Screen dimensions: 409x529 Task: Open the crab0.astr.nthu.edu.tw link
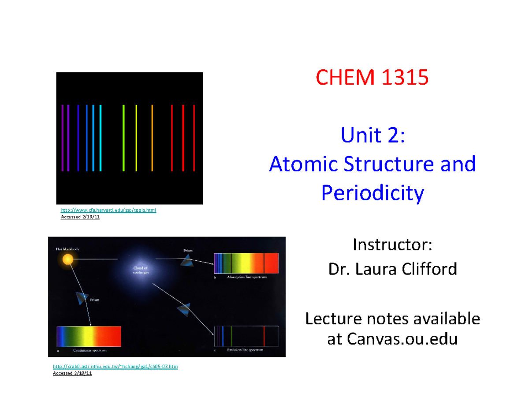(x=115, y=367)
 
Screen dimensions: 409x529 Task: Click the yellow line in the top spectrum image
(x=136, y=138)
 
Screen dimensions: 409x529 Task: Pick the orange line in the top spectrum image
(x=152, y=138)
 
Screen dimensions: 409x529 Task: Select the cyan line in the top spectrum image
(x=101, y=138)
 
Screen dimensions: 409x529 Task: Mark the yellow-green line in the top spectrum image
(x=123, y=138)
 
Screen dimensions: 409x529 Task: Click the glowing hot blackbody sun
(x=68, y=259)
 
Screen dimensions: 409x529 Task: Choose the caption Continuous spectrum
(x=90, y=352)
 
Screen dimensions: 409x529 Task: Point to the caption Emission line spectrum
(x=245, y=350)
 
